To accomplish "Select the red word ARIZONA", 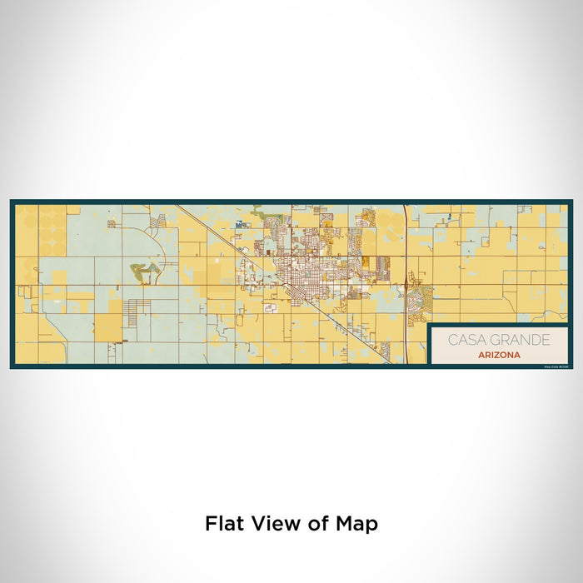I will click(x=500, y=355).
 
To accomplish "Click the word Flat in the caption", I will click(x=226, y=524).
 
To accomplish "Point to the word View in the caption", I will click(x=271, y=524).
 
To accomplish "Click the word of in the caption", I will click(x=316, y=524).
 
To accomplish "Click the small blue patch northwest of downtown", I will click(x=239, y=224).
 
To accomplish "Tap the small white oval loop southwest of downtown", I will click(x=270, y=308).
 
